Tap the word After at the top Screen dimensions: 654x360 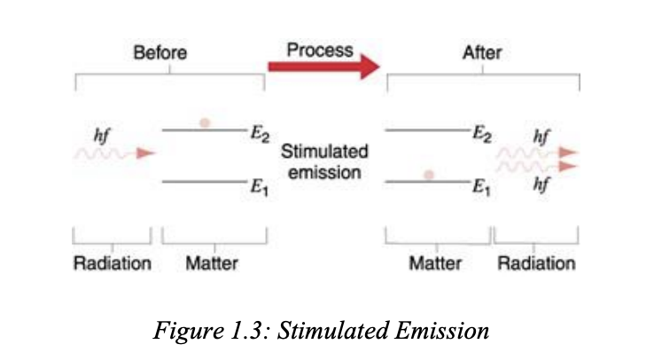point(481,53)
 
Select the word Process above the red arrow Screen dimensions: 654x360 point(319,50)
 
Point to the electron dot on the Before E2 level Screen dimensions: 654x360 point(205,122)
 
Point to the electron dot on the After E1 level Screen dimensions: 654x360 point(429,175)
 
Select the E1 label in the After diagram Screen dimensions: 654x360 point(482,186)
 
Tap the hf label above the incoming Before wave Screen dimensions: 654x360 point(102,135)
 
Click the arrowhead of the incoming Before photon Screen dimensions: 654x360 point(146,153)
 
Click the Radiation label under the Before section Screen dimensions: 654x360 point(112,263)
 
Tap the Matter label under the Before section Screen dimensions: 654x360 point(212,263)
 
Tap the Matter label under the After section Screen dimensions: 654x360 point(435,263)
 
